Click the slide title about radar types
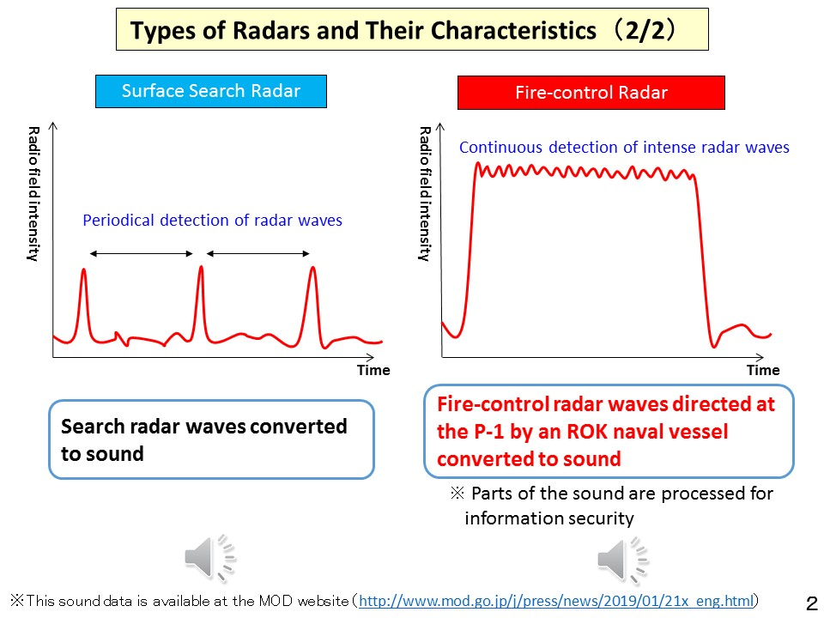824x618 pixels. point(412,31)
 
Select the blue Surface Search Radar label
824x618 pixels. point(211,91)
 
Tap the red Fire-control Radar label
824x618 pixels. point(591,93)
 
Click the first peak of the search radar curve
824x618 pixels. point(84,271)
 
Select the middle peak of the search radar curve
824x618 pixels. point(201,269)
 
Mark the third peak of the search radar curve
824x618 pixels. point(312,270)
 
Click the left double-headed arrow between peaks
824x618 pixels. point(142,253)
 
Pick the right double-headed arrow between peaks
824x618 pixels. point(258,253)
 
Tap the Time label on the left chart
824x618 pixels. point(373,371)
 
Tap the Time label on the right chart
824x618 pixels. point(763,371)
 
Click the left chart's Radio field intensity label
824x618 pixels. point(33,194)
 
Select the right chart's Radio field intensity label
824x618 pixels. point(424,194)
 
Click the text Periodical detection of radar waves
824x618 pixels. point(212,221)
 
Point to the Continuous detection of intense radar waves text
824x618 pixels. point(624,148)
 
